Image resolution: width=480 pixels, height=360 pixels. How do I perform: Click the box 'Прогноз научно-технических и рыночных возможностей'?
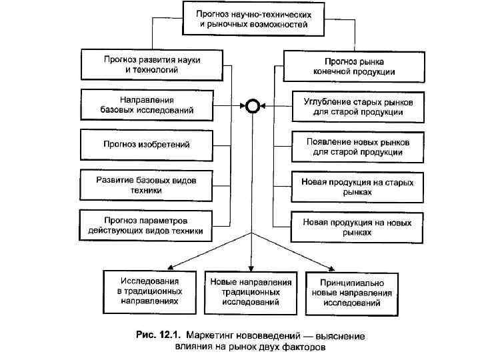253,19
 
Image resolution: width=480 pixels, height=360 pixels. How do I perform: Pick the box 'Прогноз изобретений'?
147,143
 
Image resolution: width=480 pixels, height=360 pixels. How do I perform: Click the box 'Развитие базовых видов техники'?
147,185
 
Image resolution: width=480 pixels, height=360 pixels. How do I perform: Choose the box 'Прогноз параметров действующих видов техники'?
147,225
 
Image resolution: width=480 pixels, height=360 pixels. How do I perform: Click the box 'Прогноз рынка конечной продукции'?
353,65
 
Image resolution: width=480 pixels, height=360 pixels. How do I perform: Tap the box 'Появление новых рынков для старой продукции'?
357,147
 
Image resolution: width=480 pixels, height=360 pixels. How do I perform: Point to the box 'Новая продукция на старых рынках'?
357,187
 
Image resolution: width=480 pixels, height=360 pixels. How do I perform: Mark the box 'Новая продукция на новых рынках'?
357,227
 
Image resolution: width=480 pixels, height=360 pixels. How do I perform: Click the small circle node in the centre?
252,105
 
